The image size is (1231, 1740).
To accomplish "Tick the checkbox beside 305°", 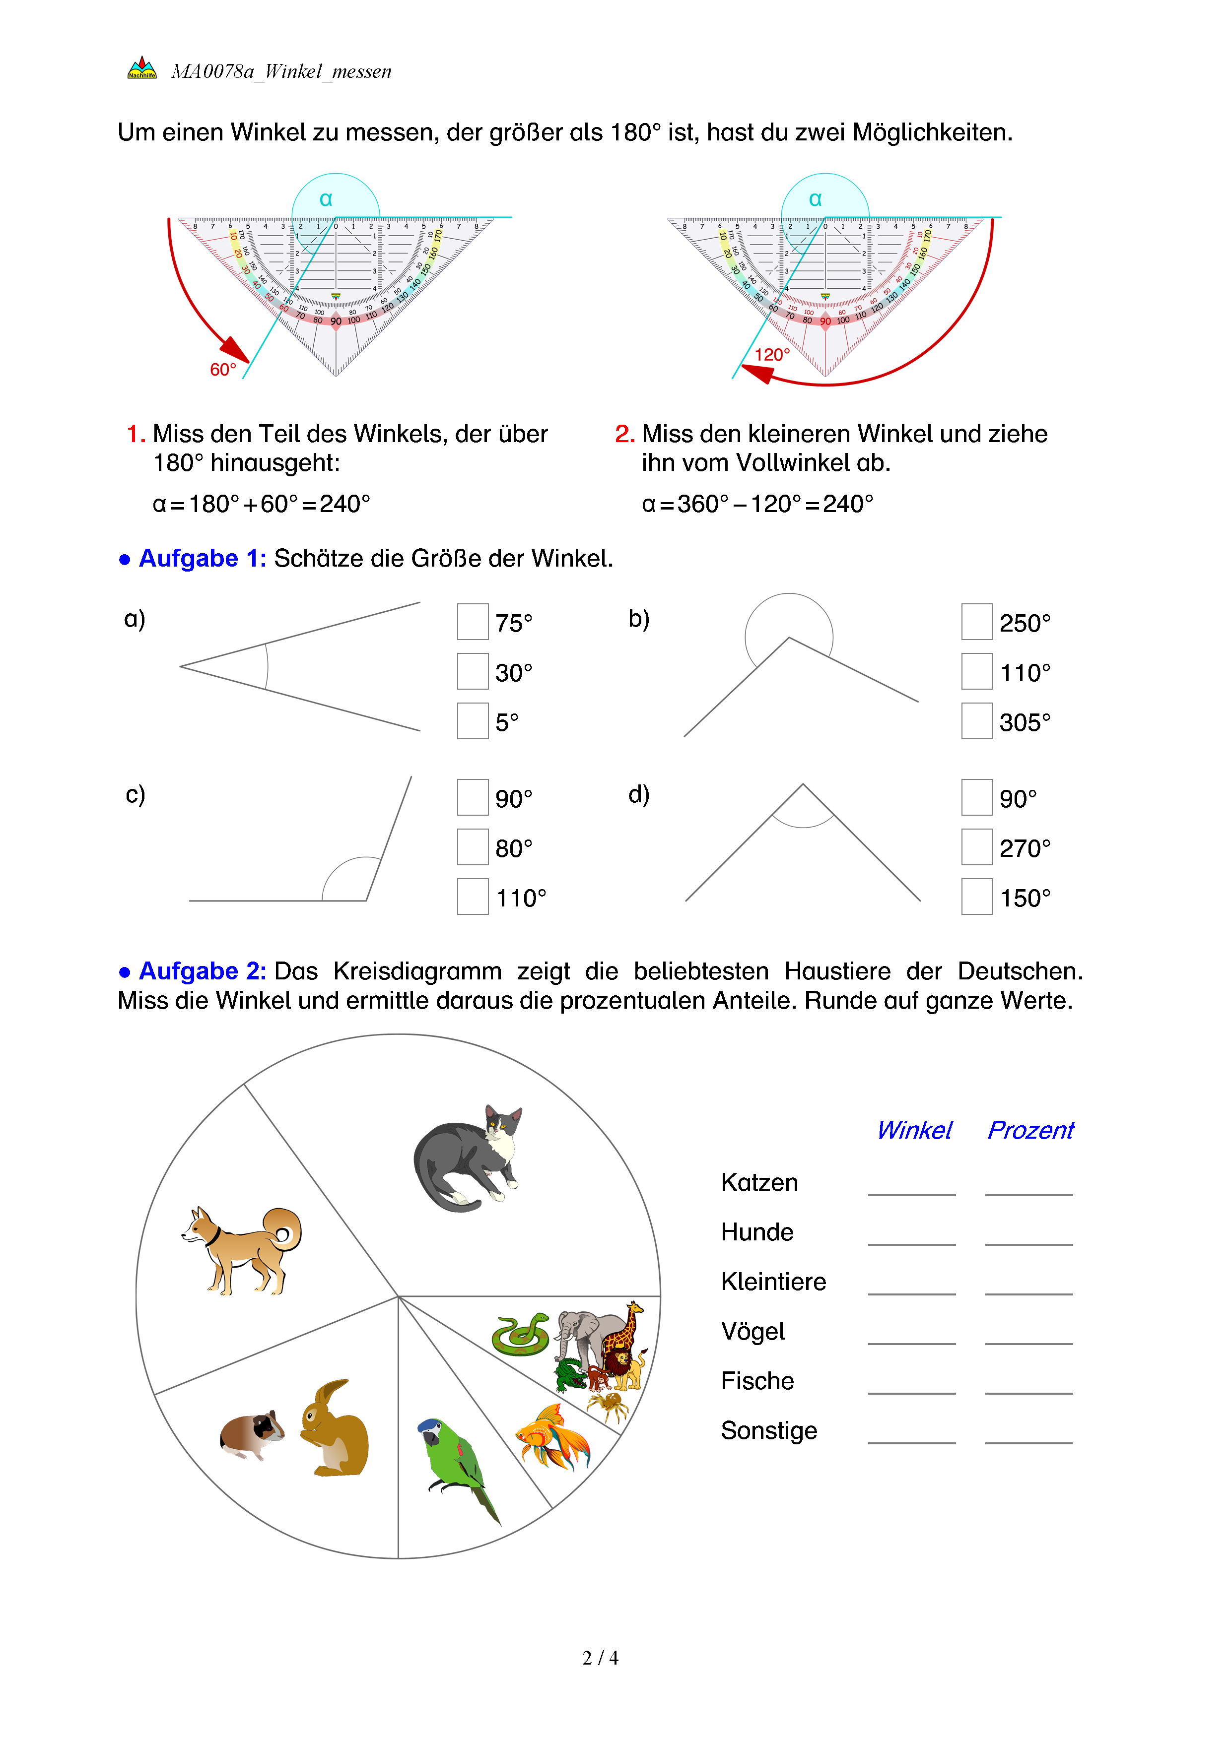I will pyautogui.click(x=976, y=721).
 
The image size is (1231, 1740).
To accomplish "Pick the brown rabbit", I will pyautogui.click(x=335, y=1428).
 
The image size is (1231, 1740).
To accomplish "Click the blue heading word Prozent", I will pyautogui.click(x=1030, y=1130).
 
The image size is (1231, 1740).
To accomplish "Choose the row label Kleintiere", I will pyautogui.click(x=773, y=1282).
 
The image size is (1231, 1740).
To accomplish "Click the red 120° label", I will pyautogui.click(x=772, y=355).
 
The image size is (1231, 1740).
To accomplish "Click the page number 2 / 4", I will pyautogui.click(x=600, y=1658).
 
